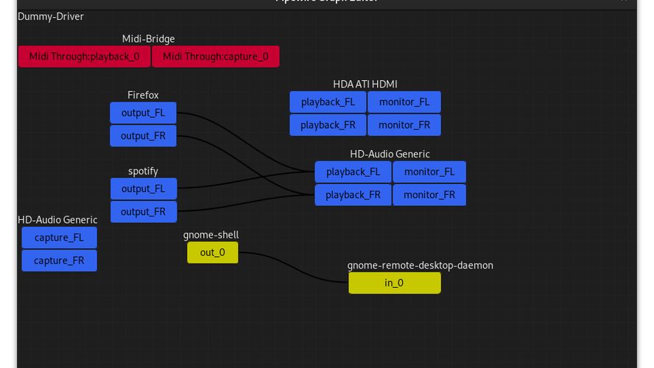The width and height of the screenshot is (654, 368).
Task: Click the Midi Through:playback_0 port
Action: tap(84, 57)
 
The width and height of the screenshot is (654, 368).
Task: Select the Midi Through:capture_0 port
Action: tap(215, 57)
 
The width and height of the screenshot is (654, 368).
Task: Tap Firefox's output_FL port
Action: tap(143, 113)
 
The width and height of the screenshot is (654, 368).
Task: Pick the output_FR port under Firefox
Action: tap(143, 136)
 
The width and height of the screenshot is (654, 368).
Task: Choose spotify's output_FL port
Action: tap(143, 189)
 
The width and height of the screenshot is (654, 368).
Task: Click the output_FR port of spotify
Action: tap(143, 212)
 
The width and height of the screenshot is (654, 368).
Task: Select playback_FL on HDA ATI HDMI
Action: tap(328, 102)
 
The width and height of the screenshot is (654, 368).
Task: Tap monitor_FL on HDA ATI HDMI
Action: tap(404, 102)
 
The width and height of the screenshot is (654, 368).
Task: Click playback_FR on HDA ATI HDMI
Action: tap(328, 125)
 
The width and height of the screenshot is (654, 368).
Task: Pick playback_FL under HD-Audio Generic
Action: tap(353, 172)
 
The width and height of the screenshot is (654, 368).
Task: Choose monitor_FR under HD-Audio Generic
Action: tap(429, 195)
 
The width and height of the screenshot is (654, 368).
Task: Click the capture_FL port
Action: tap(59, 238)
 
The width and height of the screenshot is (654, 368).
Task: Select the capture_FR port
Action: tap(59, 261)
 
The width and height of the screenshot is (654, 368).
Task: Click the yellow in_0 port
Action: tap(394, 283)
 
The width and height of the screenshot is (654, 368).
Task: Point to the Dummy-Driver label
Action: tap(51, 16)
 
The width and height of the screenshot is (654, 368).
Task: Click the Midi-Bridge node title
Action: tap(148, 39)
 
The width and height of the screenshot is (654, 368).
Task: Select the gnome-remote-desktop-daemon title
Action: tap(420, 265)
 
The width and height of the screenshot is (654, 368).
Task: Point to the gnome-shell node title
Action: tap(211, 235)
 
